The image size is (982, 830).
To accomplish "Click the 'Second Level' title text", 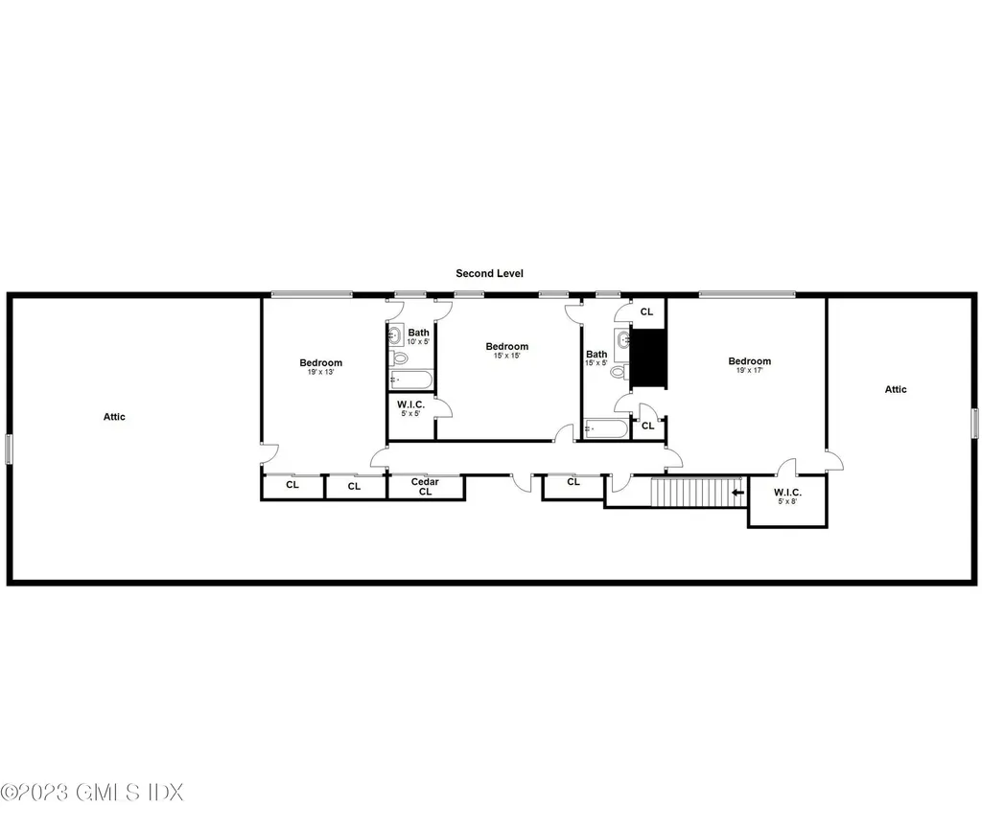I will coord(489,273).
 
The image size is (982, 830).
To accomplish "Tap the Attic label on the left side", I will coord(114,417).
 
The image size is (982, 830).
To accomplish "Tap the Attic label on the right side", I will coord(896,389).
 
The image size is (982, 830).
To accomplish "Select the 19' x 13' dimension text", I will coord(320,372).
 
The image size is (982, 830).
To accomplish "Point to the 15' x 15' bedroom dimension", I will coord(506,356).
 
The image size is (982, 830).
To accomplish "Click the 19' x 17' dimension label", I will coord(748,370).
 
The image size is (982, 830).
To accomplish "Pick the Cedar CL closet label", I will coord(425,487).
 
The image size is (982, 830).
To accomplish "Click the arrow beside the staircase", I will coord(737,493).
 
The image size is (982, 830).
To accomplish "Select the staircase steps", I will coord(696,492).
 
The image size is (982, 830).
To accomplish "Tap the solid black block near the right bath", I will coord(650,357).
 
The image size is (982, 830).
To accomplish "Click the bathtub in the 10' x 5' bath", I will coord(410,380).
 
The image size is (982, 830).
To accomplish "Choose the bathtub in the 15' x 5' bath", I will coord(605,428).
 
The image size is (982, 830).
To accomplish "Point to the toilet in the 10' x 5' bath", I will coord(399,358).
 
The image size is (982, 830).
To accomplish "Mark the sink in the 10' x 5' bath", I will coord(395,335).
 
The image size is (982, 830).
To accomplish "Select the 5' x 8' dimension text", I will coord(786,501).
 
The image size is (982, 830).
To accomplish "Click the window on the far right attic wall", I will coord(974,423).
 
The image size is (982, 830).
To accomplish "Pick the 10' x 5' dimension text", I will coord(418,342).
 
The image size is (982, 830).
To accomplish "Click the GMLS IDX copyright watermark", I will coord(92,793).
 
